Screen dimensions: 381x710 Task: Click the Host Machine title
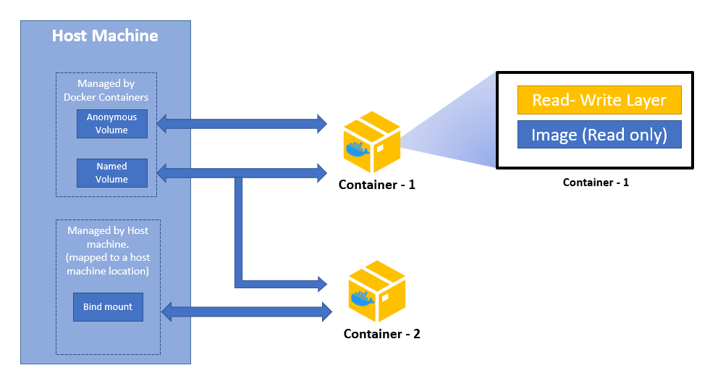[x=105, y=35]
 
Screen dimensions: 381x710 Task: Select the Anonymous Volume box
[x=112, y=124]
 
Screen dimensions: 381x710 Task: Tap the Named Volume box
[x=112, y=173]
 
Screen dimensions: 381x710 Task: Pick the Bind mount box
[x=108, y=306]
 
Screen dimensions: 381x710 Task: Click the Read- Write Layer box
[x=599, y=100]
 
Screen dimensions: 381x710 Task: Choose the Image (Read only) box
[x=599, y=135]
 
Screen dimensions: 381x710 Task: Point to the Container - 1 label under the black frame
[x=596, y=183]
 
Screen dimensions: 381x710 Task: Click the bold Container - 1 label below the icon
[x=376, y=185]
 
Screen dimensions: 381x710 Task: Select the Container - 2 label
[x=381, y=334]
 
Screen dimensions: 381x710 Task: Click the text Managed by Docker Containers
[x=106, y=91]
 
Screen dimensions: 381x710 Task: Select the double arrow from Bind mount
[x=246, y=312]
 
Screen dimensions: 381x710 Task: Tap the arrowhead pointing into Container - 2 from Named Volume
[x=320, y=282]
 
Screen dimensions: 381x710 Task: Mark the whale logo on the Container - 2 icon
[x=363, y=298]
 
